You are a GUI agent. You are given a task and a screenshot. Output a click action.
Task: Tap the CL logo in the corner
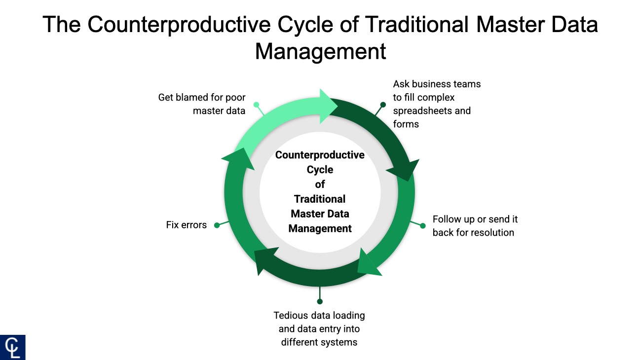[13, 347]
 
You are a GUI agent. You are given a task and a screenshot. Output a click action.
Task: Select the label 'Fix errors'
[187, 225]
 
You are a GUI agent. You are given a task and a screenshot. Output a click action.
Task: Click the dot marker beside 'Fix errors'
[217, 225]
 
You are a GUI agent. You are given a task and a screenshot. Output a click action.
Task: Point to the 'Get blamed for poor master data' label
[202, 104]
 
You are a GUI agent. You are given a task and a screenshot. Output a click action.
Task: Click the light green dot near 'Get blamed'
[256, 105]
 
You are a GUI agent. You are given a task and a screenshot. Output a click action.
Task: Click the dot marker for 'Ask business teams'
[383, 105]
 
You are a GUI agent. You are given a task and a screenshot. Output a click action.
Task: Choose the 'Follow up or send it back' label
[475, 226]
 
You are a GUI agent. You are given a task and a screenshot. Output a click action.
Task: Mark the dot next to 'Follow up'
[423, 226]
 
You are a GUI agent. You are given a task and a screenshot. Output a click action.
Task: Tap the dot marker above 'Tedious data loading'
[320, 301]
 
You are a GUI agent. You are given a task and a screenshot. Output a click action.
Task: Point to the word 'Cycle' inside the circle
[320, 170]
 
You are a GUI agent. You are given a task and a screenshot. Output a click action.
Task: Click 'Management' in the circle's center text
[320, 229]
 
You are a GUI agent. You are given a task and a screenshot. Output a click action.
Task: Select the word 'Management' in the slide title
[320, 51]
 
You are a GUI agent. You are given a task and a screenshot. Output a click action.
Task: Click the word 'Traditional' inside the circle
[320, 199]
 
